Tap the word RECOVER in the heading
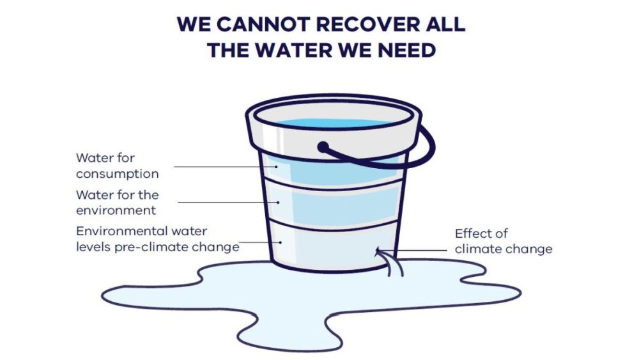click(x=368, y=24)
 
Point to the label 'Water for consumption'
click(x=118, y=166)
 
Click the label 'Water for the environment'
click(x=118, y=202)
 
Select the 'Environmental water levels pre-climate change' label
click(x=157, y=239)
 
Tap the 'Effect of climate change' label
click(x=504, y=241)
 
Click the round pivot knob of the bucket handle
click(x=323, y=147)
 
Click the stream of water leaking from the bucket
click(x=392, y=264)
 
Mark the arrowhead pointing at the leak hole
click(x=378, y=250)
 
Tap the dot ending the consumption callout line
click(x=276, y=166)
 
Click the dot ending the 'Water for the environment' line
click(x=279, y=202)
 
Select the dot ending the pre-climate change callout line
click(x=281, y=242)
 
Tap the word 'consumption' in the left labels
click(x=118, y=174)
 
